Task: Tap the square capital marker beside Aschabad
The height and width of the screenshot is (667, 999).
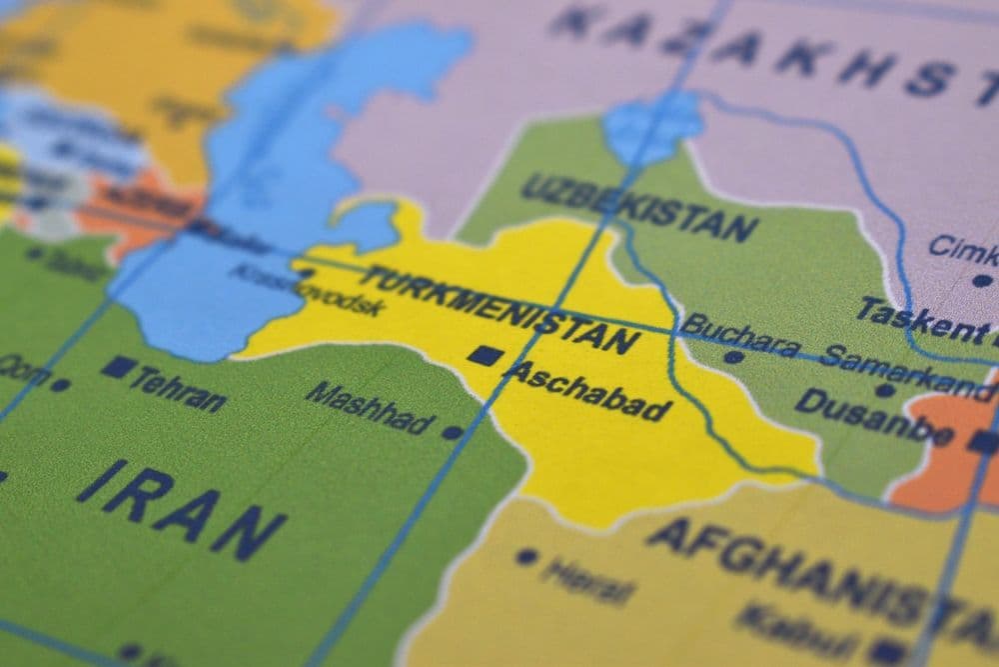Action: pyautogui.click(x=485, y=355)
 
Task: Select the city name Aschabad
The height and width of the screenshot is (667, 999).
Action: pyautogui.click(x=588, y=391)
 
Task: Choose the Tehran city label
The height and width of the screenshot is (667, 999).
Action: pyautogui.click(x=178, y=388)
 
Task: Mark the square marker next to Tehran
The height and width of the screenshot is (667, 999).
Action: pyautogui.click(x=117, y=367)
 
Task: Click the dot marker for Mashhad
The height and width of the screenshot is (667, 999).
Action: pyautogui.click(x=452, y=433)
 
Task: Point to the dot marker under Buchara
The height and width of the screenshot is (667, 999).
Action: pyautogui.click(x=734, y=356)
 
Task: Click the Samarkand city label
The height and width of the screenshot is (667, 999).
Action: pyautogui.click(x=905, y=369)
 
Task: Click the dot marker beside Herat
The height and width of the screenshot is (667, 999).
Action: pyautogui.click(x=526, y=557)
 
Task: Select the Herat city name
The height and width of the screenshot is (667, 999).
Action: pyautogui.click(x=589, y=581)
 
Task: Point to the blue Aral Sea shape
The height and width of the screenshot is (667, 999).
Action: pyautogui.click(x=654, y=125)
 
